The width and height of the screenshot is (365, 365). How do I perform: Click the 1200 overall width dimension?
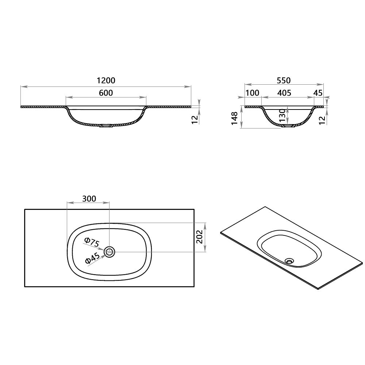[x=106, y=80]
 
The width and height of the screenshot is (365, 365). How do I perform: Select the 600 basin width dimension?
[x=106, y=93]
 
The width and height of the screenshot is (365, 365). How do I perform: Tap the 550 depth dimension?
[x=284, y=80]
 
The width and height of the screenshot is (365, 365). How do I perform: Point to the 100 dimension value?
[x=252, y=93]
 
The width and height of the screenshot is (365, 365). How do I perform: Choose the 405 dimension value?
[x=284, y=93]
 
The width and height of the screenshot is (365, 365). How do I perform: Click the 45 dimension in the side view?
[x=318, y=93]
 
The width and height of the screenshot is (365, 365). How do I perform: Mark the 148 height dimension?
[x=235, y=118]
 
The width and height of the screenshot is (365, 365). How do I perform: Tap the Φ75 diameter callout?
[x=92, y=242]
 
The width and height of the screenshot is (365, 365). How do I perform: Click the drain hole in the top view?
[x=109, y=251]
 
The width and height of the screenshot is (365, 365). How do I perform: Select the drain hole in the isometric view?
[x=290, y=261]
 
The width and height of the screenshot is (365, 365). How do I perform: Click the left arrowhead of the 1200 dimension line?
[x=22, y=87]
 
